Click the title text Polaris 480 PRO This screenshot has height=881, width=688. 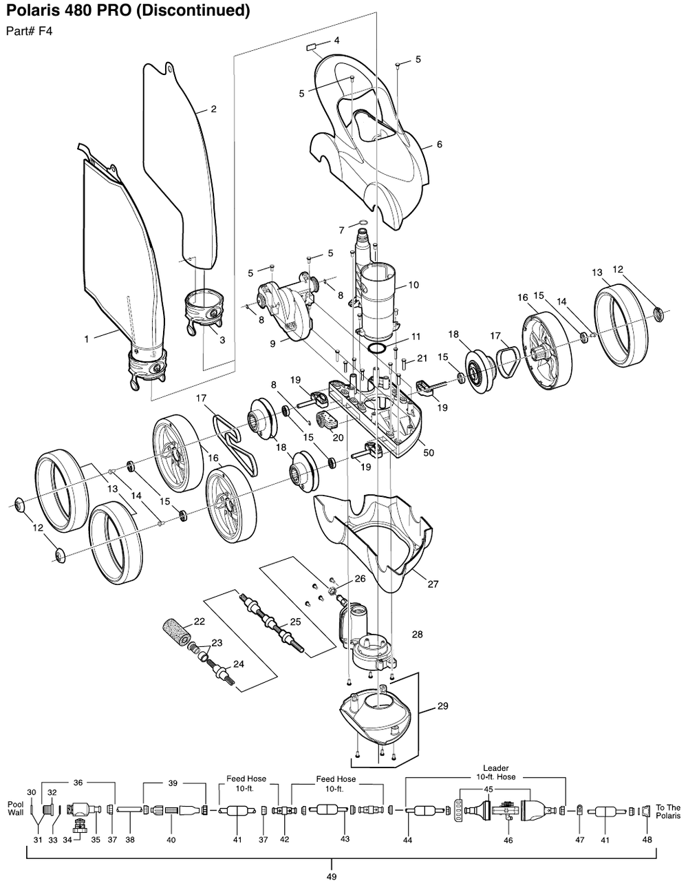click(x=127, y=12)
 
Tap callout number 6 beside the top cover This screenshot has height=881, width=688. click(x=439, y=145)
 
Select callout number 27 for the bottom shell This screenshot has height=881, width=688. click(x=433, y=584)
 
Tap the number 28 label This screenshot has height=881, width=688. click(x=417, y=634)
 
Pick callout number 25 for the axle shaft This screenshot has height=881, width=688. click(x=295, y=622)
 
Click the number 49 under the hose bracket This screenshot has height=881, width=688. click(x=332, y=875)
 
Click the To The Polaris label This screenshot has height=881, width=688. click(x=667, y=812)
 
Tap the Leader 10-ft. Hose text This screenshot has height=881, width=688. click(x=495, y=772)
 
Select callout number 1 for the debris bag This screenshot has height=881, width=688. click(x=87, y=339)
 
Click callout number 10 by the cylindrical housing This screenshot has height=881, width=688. click(x=413, y=285)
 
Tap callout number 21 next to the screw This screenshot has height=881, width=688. click(x=422, y=358)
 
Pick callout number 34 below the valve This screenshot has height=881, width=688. click(x=67, y=840)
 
